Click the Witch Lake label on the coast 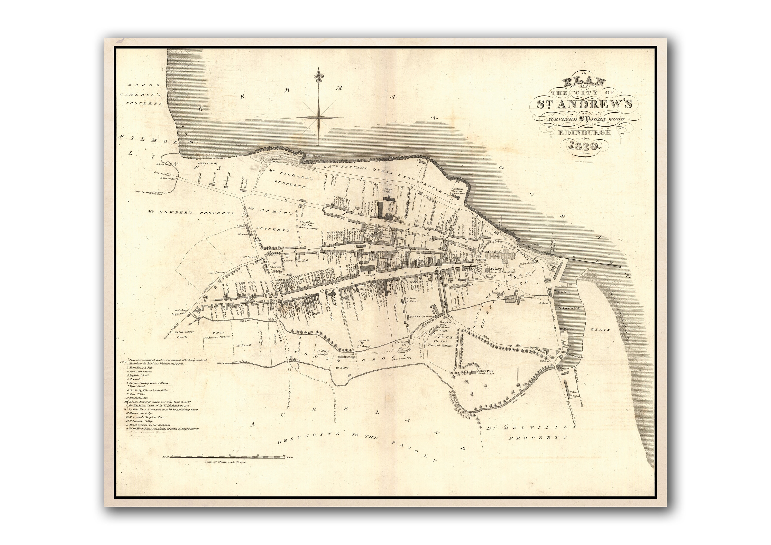pyautogui.click(x=315, y=155)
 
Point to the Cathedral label pyautogui.click(x=492, y=252)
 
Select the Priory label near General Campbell pyautogui.click(x=496, y=269)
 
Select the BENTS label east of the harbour pyautogui.click(x=600, y=330)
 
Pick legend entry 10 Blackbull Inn pyautogui.click(x=137, y=398)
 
